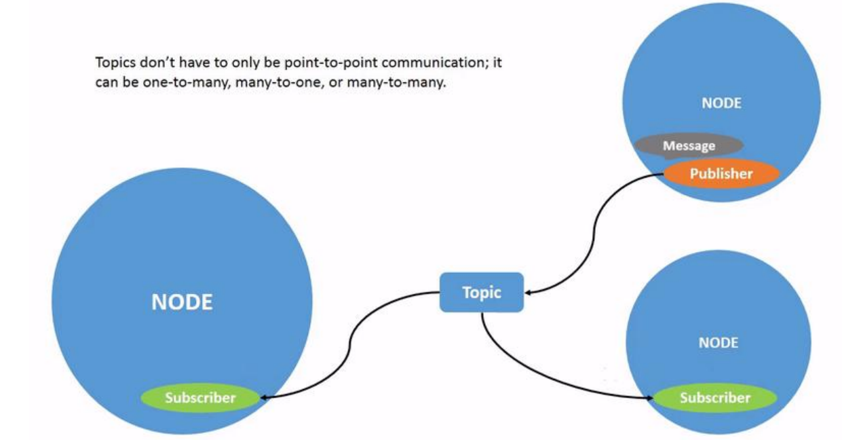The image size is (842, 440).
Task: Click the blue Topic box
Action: pos(481,292)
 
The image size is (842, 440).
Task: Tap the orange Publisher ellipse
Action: pos(721,174)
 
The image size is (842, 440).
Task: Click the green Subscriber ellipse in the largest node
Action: pos(200,398)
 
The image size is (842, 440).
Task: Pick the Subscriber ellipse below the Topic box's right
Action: pos(715,398)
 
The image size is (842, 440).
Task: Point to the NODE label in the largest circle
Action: pos(182,302)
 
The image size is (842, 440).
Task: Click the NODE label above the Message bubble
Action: pos(721,104)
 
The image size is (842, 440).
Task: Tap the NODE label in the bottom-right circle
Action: pos(718,343)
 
